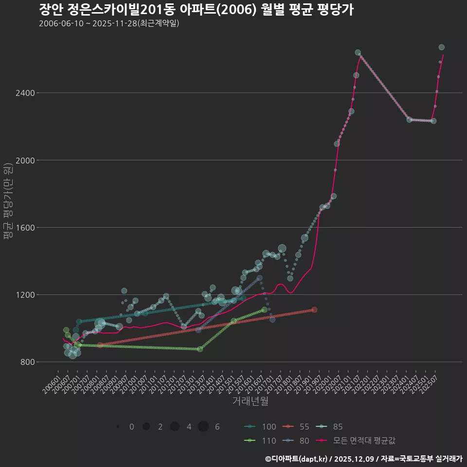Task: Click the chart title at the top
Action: click(x=196, y=10)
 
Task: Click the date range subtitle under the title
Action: click(x=109, y=23)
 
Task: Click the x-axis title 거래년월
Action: click(x=250, y=401)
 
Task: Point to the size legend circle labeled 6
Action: click(x=203, y=427)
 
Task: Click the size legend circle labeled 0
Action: click(x=118, y=427)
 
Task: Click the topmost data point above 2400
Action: click(x=442, y=47)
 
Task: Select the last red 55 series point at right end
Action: click(x=314, y=310)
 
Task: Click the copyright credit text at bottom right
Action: click(x=363, y=458)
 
